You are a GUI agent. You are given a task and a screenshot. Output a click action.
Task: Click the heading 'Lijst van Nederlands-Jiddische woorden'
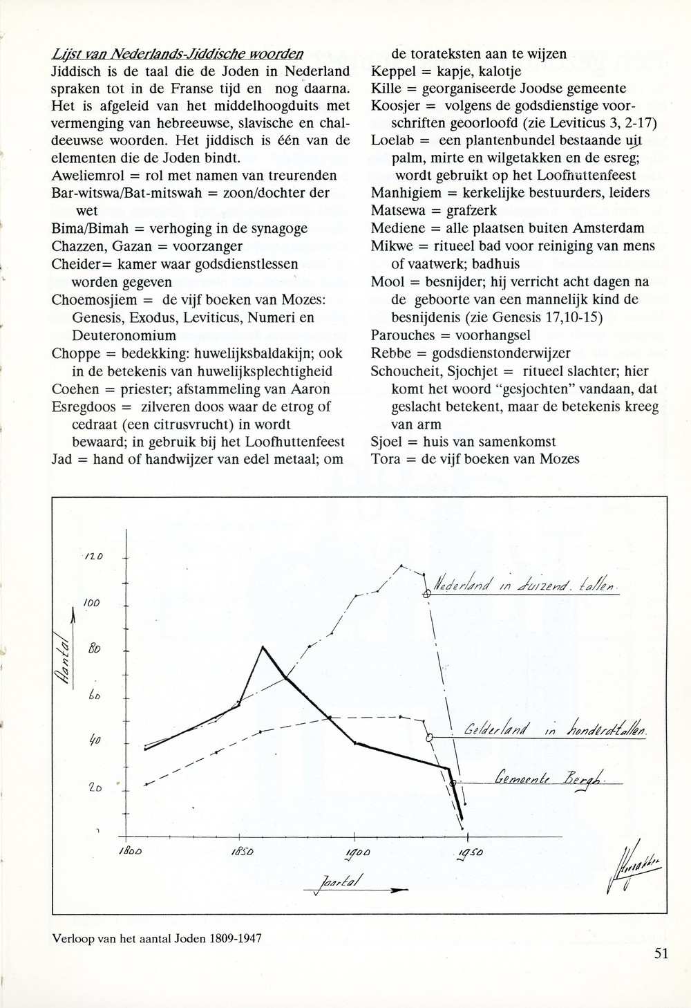(177, 54)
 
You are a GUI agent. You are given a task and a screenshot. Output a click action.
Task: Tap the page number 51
(661, 954)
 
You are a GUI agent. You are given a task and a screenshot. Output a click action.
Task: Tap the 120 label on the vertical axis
(93, 557)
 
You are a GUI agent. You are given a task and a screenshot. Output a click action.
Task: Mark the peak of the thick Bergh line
(263, 646)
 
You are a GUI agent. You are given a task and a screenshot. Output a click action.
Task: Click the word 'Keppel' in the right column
(391, 71)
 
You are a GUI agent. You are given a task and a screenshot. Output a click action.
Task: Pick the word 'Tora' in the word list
(384, 458)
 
